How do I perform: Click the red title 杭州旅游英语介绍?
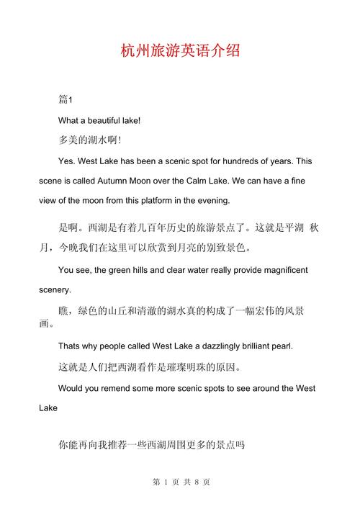[x=180, y=52]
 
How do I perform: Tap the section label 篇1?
[x=66, y=99]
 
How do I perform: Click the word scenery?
[x=55, y=290]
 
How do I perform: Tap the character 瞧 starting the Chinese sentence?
[x=63, y=312]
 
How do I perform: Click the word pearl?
[x=279, y=346]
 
